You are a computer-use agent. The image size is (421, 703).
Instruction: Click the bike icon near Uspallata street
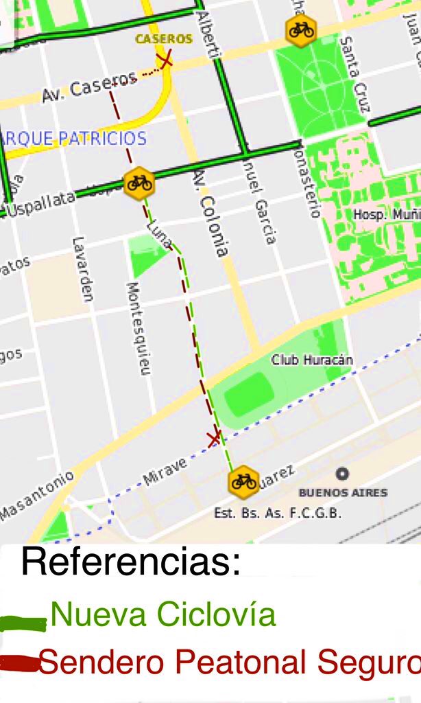point(139,183)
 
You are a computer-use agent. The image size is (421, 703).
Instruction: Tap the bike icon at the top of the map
point(300,31)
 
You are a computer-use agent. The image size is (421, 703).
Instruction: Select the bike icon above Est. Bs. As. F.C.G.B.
point(243,482)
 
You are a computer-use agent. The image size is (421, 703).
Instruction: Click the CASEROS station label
point(164,39)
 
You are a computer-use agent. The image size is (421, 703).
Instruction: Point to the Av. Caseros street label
point(88,88)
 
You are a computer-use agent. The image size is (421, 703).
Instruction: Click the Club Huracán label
point(312,360)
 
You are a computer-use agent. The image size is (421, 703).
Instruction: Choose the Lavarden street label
point(82,269)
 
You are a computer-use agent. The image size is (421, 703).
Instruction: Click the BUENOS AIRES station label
point(343,492)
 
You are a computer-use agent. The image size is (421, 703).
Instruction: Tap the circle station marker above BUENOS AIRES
point(342,474)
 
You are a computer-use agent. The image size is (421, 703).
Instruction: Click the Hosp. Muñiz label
point(386,215)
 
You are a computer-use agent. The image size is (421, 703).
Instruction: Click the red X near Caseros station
point(165,61)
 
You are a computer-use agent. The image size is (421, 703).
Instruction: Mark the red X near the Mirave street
point(214,437)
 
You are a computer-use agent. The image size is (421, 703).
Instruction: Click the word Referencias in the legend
point(131,562)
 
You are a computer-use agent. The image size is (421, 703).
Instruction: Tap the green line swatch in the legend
point(23,623)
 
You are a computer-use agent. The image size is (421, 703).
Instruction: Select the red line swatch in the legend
point(19,662)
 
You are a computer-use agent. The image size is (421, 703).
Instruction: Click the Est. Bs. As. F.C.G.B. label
point(277,513)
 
